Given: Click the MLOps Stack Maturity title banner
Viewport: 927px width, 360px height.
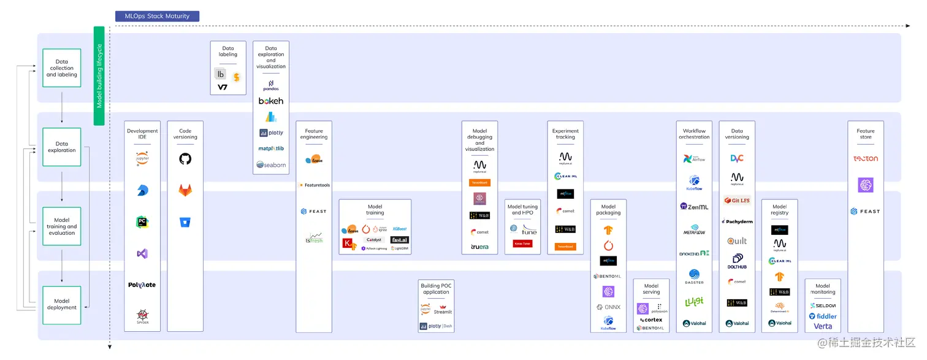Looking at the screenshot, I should coord(157,16).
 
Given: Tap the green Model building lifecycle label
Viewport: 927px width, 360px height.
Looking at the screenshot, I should coord(99,75).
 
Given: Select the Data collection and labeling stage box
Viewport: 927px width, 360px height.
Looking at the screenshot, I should coord(62,68).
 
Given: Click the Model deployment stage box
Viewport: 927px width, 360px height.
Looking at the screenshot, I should coord(62,305).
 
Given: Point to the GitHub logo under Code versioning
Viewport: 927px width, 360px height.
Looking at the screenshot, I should coord(185,159).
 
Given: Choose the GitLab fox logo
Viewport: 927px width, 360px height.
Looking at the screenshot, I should coord(185,190).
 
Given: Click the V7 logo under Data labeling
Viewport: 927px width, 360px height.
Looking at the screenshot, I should coord(223,88).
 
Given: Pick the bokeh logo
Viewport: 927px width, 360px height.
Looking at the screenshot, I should coord(271,101).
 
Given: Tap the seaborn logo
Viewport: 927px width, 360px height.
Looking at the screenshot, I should coord(271,164).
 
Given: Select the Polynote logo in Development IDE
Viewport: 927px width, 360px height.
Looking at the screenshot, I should coord(142,285).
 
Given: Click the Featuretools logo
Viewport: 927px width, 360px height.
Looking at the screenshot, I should coord(315,185).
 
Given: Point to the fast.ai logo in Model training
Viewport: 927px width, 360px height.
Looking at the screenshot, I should coord(400,240).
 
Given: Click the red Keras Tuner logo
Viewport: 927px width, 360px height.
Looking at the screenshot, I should coord(522,243).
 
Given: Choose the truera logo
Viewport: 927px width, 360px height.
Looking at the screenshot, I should coord(479,247).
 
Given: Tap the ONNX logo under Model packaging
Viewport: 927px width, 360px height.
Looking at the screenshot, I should coord(608,307).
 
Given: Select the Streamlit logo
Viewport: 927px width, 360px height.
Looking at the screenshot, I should coord(443,310).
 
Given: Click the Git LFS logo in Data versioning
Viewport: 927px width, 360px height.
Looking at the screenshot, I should coord(737,200).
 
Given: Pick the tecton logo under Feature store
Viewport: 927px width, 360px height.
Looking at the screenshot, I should coord(866,159).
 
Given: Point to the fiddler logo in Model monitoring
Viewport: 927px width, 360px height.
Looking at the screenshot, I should coord(823,316).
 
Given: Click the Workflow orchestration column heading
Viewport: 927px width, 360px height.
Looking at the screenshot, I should coord(694,134).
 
